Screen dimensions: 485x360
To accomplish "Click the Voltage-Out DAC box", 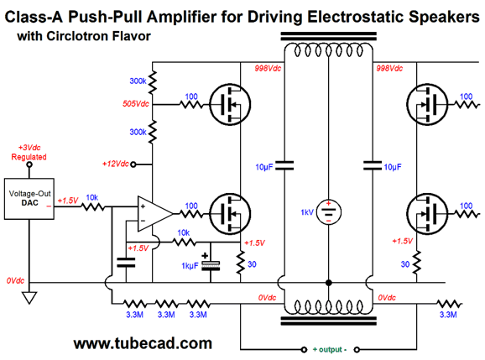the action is pos(29,199).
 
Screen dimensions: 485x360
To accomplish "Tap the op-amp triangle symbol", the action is pos(154,213).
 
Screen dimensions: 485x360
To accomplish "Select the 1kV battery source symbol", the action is pos(328,212).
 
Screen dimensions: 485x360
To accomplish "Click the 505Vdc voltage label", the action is pos(135,103).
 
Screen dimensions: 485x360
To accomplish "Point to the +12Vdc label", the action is pos(115,164).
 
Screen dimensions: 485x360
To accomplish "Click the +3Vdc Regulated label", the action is pos(29,152).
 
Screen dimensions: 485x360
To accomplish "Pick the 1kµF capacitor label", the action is pos(190,266).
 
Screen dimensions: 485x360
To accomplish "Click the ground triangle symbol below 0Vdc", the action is pos(29,298).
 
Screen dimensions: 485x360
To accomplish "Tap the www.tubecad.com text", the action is pos(143,343).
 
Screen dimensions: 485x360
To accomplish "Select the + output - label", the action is pos(330,349).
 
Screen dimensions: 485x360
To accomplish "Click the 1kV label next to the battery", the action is pos(307,212).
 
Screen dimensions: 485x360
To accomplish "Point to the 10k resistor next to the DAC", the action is pos(93,206).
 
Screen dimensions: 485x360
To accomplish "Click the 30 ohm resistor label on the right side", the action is pos(405,264).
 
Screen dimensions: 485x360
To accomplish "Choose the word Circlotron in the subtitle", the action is pos(77,36).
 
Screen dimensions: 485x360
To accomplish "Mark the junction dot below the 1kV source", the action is pos(328,283).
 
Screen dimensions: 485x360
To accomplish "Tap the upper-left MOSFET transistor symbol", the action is pos(230,105).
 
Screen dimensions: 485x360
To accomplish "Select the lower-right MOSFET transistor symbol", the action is pos(427,214).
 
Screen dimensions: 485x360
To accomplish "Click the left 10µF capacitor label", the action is pos(264,167).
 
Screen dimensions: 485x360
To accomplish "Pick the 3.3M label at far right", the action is pos(448,315).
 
